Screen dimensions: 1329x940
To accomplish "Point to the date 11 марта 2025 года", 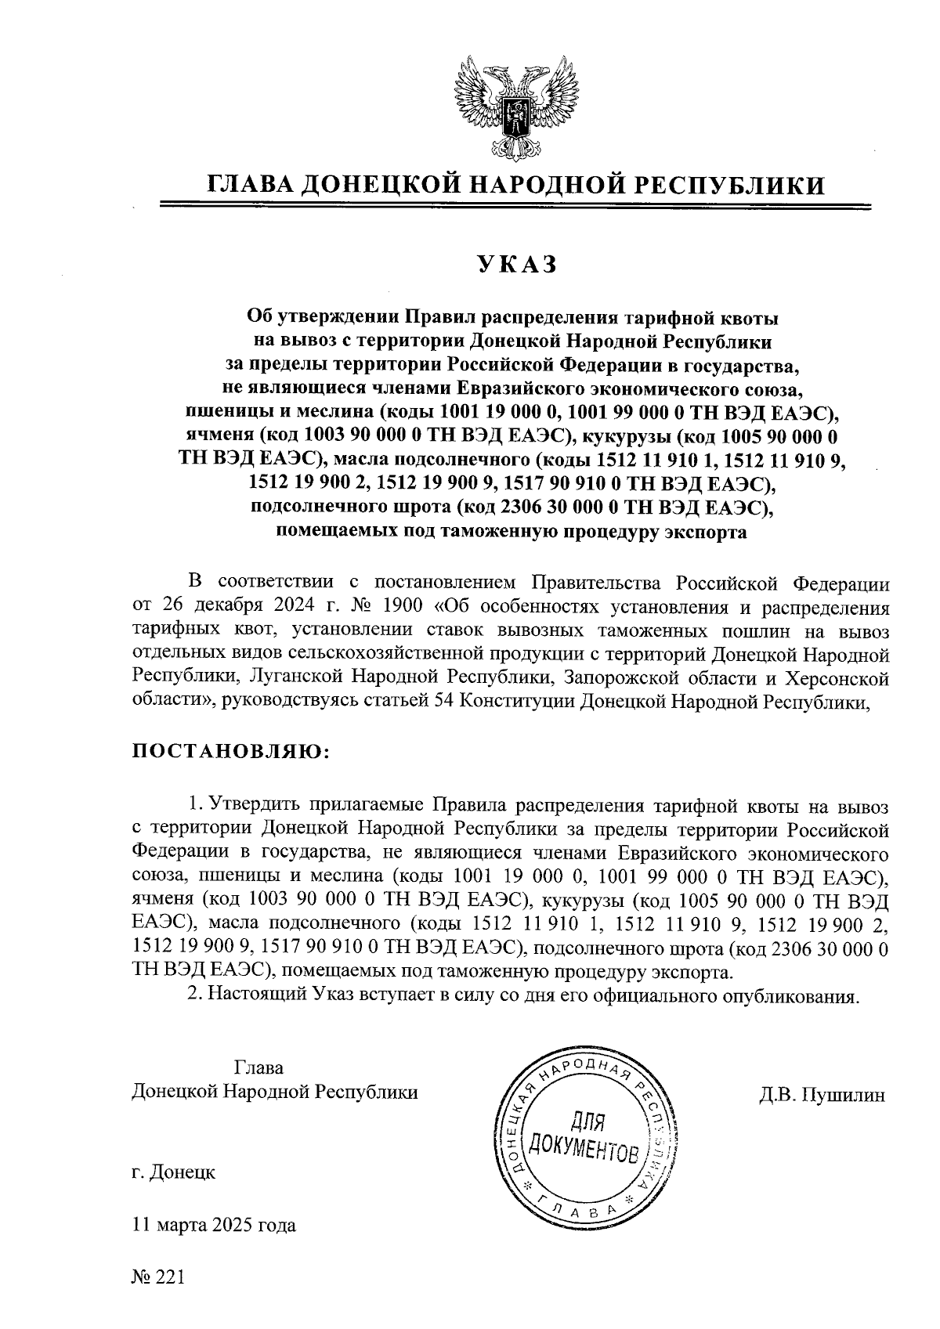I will pyautogui.click(x=214, y=1225).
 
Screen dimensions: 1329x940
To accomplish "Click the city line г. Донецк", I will pyautogui.click(x=173, y=1172).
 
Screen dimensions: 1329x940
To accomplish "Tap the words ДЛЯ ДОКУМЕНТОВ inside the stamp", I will pyautogui.click(x=584, y=1138).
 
